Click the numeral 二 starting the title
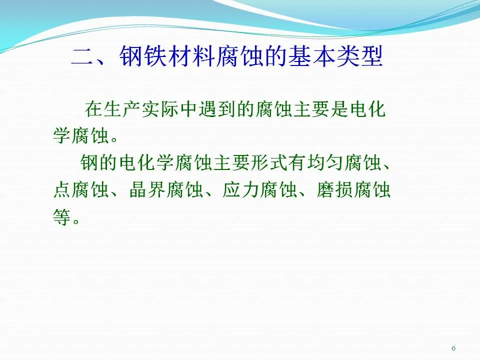point(82,57)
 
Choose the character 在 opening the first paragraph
point(94,109)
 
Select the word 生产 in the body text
point(122,109)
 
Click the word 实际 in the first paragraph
point(160,109)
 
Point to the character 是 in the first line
point(339,109)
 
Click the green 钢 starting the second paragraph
point(89,162)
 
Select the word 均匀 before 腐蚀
point(325,162)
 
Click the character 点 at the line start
point(62,189)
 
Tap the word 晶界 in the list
point(147,189)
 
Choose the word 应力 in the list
point(241,189)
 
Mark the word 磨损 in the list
point(335,189)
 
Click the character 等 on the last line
point(61,216)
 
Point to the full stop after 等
point(76,221)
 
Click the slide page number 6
point(453,348)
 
